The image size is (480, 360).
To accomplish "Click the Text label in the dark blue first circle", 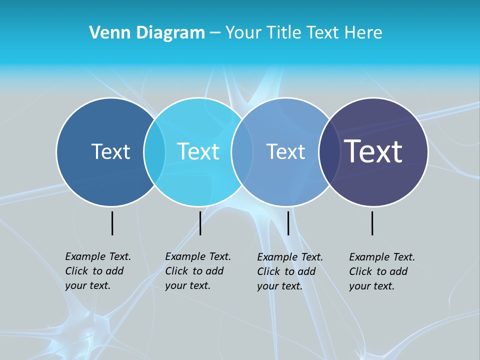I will pos(110,151).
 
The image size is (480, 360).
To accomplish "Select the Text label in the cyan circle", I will pos(198,151).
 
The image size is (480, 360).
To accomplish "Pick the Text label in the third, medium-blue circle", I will pos(285,151).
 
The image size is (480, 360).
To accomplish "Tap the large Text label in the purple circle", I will pos(373,151).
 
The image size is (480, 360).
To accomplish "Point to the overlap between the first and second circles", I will pos(154,151).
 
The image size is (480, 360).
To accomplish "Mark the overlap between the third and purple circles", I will pos(327,151).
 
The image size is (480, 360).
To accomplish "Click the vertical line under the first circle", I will pos(112,223).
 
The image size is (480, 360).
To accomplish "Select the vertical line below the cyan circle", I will pos(200,223).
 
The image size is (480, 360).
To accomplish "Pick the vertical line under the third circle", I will pos(288,223).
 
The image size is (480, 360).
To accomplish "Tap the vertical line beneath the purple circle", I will pos(372,223).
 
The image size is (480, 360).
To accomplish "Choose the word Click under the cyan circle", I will pos(176,271).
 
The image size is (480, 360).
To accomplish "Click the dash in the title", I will pos(214,33).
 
